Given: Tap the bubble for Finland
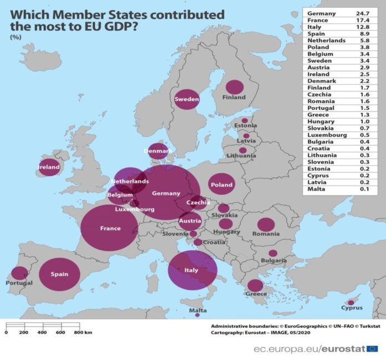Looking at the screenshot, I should click(235, 87).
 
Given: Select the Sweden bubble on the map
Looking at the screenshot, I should click(187, 99).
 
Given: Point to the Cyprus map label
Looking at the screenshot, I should click(352, 308).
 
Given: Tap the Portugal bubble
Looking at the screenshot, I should click(19, 273).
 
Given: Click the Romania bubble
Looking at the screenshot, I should click(266, 225).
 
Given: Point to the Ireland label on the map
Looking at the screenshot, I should click(48, 167).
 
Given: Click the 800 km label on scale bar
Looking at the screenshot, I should click(83, 332).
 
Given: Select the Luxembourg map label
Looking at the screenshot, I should click(135, 210).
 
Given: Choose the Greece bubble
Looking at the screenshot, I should click(255, 286).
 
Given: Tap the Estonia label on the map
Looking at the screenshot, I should click(245, 126).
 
